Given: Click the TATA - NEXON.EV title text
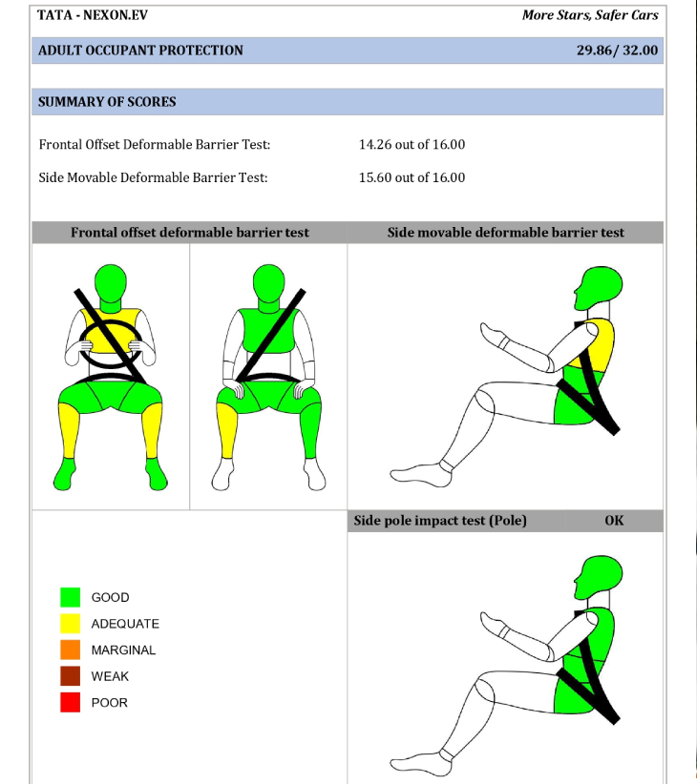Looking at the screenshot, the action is click(93, 15).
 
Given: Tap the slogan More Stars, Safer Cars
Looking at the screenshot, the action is click(590, 15).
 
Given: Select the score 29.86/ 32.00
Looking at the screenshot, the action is click(617, 50).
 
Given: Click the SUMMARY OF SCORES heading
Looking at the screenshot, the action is click(107, 101).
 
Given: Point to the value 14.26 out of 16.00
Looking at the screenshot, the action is click(412, 145).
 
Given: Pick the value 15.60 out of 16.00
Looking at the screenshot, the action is click(412, 177).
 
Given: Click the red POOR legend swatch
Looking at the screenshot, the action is click(70, 702).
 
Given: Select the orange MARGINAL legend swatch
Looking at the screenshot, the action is click(70, 650).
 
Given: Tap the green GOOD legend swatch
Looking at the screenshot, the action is click(70, 597).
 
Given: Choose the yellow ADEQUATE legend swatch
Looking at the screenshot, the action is click(70, 624).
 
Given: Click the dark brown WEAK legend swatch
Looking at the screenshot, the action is click(70, 676).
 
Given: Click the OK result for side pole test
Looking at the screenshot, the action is click(614, 521).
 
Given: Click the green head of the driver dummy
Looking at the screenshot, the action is click(111, 283).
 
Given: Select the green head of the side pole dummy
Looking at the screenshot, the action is click(600, 577).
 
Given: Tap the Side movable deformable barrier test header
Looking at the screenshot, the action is click(505, 233).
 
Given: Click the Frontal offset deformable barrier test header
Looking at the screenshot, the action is click(190, 233).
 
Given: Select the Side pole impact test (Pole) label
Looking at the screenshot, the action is click(440, 521).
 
